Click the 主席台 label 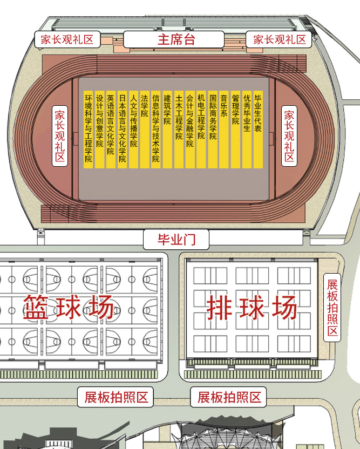tap(174, 39)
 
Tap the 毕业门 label tap(176, 240)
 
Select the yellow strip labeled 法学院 tap(145, 130)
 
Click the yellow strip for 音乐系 tap(223, 130)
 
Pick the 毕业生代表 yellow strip tap(258, 130)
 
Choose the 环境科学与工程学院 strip tap(88, 130)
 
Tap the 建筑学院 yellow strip tap(167, 130)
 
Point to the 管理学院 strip tap(235, 130)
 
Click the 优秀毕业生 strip tap(247, 130)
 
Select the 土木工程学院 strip tap(179, 130)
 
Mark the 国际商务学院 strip tap(213, 130)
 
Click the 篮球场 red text tap(69, 308)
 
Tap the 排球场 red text tap(252, 308)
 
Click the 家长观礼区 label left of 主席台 tap(67, 39)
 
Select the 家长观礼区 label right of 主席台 tap(279, 39)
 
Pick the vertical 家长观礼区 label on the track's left tap(60, 136)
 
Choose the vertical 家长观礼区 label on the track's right tap(289, 136)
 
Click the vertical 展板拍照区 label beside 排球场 tap(332, 308)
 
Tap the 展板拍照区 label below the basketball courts tap(116, 397)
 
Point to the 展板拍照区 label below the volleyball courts tap(228, 397)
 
